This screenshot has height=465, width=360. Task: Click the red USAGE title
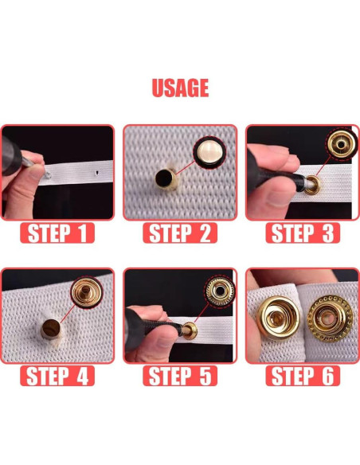point(180,88)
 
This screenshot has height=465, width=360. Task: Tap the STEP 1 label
point(57,233)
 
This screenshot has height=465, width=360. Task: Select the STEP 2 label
point(180,233)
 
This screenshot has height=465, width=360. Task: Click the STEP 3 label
point(303,233)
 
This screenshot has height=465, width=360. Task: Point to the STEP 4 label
point(57,376)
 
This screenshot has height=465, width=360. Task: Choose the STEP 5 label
point(180,376)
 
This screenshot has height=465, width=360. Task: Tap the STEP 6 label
point(303,376)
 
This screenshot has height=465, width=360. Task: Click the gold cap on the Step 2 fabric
point(166,178)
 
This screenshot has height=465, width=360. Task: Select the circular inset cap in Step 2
point(209,152)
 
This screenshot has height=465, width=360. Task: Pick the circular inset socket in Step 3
point(342,144)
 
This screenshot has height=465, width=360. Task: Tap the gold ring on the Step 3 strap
point(312,185)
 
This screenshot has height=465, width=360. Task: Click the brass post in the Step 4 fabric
point(51,329)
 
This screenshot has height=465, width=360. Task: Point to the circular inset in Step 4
point(86,292)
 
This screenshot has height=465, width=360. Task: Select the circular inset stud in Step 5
point(220,291)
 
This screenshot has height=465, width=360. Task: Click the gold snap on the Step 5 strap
point(190,331)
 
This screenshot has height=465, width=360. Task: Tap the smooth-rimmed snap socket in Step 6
point(278,318)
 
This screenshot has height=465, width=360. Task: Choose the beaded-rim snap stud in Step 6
point(330,318)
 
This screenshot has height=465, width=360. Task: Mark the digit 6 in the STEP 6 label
point(328,376)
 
